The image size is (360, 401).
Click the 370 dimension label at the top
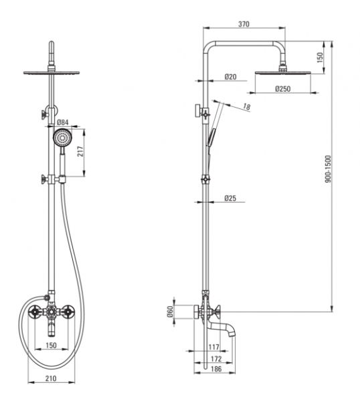click(244, 24)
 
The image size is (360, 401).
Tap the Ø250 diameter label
click(283, 89)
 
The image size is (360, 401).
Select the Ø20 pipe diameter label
click(231, 76)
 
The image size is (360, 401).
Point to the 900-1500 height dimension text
click(328, 169)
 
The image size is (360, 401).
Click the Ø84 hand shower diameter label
click(63, 122)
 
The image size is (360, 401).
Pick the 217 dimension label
click(80, 152)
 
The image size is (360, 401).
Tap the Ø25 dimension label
click(230, 198)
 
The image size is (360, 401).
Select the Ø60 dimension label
click(170, 311)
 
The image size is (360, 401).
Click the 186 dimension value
click(215, 369)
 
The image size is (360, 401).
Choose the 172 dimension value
click(216, 359)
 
